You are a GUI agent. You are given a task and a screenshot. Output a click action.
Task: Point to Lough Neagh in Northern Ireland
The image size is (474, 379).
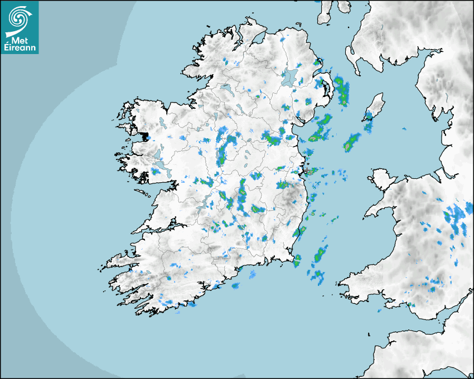[289, 77]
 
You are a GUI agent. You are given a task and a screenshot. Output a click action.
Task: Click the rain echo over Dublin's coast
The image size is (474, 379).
[309, 170]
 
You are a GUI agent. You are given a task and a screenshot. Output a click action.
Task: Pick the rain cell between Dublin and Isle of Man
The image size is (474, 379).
[352, 142]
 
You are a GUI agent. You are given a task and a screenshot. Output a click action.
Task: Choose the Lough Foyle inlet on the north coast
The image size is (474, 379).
[259, 39]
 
